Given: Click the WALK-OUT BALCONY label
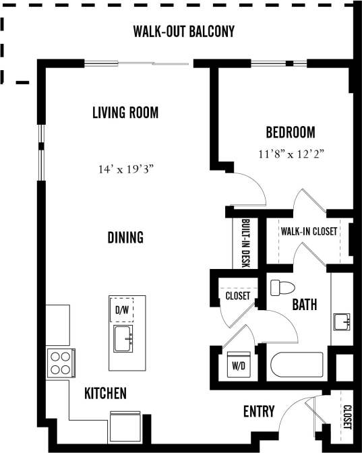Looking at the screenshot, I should (183, 32).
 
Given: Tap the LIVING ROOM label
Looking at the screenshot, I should (125, 113).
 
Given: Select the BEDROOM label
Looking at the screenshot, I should (290, 132).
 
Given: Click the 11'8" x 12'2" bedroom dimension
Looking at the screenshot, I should (291, 154).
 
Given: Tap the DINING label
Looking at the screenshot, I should (125, 237).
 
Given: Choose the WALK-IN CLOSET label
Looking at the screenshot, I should (309, 231).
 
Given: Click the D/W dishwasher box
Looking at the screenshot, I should (122, 310).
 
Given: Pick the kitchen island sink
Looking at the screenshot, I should (123, 339).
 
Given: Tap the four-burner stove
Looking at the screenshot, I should (60, 363).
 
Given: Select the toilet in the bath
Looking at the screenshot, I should (282, 289).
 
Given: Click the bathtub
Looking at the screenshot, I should (297, 367).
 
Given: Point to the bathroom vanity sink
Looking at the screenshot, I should (342, 322).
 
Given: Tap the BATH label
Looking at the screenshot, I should (304, 305).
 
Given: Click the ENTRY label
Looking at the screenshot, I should (258, 411).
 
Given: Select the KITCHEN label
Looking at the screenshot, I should (105, 394).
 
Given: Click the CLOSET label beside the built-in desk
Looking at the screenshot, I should (237, 296).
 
